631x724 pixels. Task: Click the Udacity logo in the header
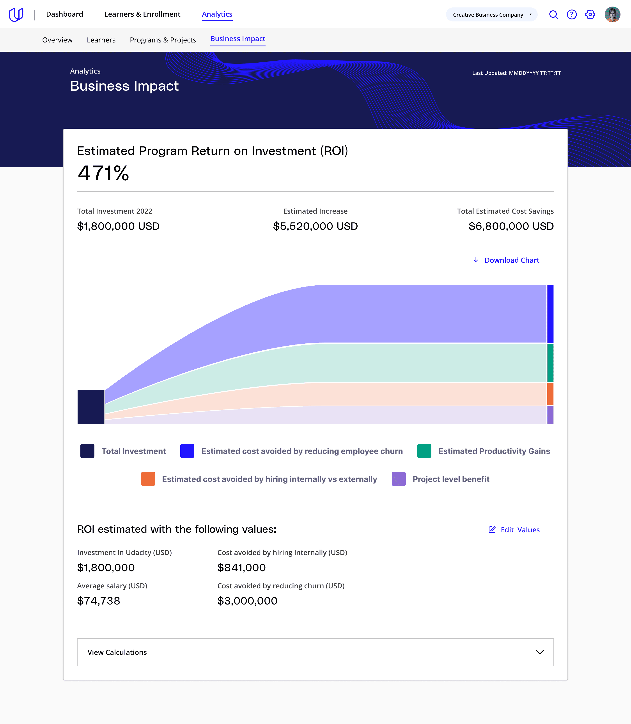click(x=16, y=14)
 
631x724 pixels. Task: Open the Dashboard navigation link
click(x=64, y=14)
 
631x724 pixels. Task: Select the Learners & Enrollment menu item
click(x=142, y=14)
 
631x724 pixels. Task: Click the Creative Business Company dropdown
click(x=492, y=14)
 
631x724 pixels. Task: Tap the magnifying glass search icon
click(x=553, y=14)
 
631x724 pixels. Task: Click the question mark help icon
click(x=571, y=14)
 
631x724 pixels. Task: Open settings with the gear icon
click(x=590, y=14)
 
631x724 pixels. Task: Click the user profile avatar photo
click(x=612, y=14)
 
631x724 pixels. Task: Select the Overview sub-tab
click(x=57, y=40)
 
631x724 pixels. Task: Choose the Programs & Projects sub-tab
click(x=163, y=40)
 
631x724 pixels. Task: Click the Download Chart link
click(x=506, y=260)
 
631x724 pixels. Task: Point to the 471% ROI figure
click(x=103, y=173)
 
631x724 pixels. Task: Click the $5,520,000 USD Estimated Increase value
click(x=315, y=226)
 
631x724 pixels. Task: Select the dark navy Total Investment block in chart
click(x=91, y=407)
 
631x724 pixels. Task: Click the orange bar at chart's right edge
click(x=550, y=394)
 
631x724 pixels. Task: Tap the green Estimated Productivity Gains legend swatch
click(x=424, y=451)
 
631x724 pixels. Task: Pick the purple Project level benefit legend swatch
click(x=399, y=479)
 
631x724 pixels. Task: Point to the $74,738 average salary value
click(x=99, y=601)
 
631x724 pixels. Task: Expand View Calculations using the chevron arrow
click(x=540, y=652)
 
